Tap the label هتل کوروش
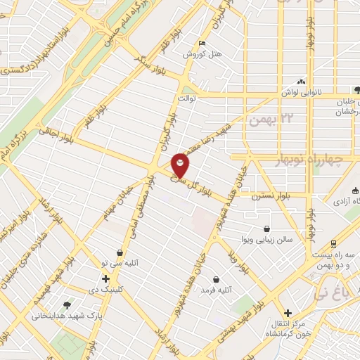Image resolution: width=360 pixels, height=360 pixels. click(x=202, y=54)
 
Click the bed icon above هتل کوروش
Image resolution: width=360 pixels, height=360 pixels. click(x=202, y=43)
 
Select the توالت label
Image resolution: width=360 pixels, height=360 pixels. click(x=185, y=99)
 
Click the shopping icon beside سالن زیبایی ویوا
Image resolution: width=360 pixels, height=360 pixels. click(x=266, y=229)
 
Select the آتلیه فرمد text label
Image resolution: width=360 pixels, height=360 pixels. click(x=217, y=289)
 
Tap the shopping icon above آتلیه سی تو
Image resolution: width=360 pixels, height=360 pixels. click(x=120, y=252)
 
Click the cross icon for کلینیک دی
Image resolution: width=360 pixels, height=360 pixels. click(x=105, y=278)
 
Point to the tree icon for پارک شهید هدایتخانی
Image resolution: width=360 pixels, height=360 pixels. click(x=67, y=305)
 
